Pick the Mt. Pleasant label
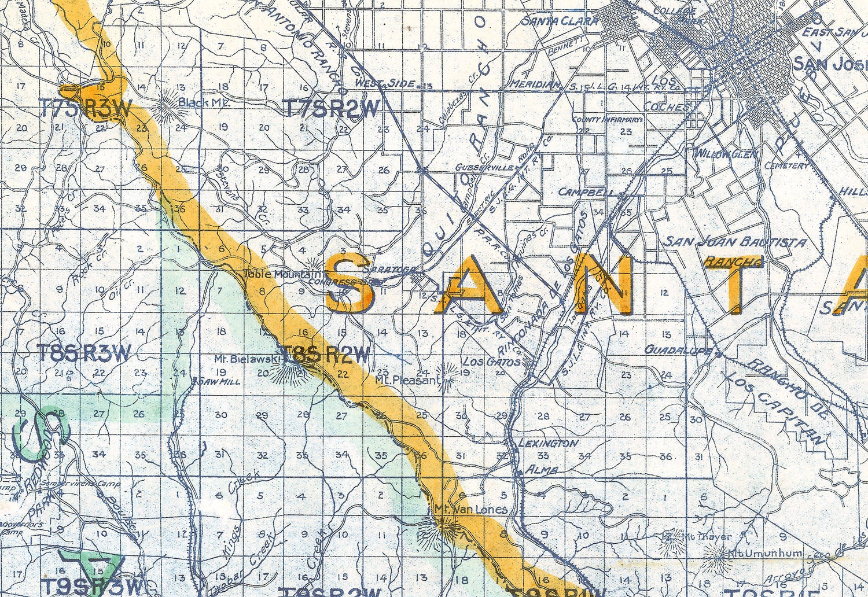pyautogui.click(x=408, y=380)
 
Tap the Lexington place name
pyautogui.click(x=547, y=443)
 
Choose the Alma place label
pyautogui.click(x=541, y=470)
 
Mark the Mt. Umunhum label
pyautogui.click(x=765, y=553)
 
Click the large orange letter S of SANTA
pyautogui.click(x=349, y=285)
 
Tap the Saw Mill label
pyautogui.click(x=219, y=381)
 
